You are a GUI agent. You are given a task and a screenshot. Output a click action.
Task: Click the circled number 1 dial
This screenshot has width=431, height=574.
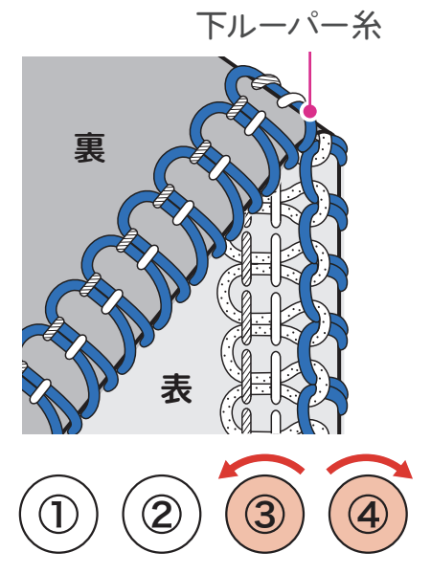pos(58,514)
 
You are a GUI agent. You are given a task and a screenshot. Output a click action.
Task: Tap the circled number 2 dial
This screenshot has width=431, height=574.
pos(162,514)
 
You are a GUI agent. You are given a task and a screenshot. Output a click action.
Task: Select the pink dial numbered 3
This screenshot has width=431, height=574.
pos(265,514)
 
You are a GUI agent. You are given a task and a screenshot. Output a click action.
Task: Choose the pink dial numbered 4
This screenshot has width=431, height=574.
pos(369,514)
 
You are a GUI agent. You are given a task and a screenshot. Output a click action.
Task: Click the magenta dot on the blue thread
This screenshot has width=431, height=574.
pos(309,111)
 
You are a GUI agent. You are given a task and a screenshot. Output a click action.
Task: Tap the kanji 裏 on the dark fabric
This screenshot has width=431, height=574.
pos(89,148)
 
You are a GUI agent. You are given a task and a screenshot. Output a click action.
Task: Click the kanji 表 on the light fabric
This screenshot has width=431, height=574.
pos(176,388)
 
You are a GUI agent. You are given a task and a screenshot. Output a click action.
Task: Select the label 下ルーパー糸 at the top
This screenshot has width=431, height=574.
pos(289,25)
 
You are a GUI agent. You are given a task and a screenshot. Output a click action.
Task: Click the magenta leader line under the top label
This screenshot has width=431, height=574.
pos(309,77)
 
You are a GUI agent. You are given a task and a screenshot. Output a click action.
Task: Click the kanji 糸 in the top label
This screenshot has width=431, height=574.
pos(367,25)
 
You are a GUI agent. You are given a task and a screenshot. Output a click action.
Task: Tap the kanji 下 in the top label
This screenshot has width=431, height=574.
pos(211,25)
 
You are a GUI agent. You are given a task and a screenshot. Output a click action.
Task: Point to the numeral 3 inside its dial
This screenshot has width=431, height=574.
pos(265,514)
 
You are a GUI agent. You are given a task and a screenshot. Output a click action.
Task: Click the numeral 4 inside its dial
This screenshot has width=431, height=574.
pos(369,514)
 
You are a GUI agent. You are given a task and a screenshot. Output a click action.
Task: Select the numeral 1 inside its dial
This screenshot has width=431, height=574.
pos(58,514)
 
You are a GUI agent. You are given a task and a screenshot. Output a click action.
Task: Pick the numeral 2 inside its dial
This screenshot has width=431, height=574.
pos(162,514)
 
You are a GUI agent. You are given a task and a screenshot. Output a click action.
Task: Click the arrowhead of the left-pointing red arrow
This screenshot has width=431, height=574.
pos(227,473)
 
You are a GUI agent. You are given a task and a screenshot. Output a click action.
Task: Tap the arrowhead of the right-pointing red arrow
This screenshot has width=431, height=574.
pos(404,472)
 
